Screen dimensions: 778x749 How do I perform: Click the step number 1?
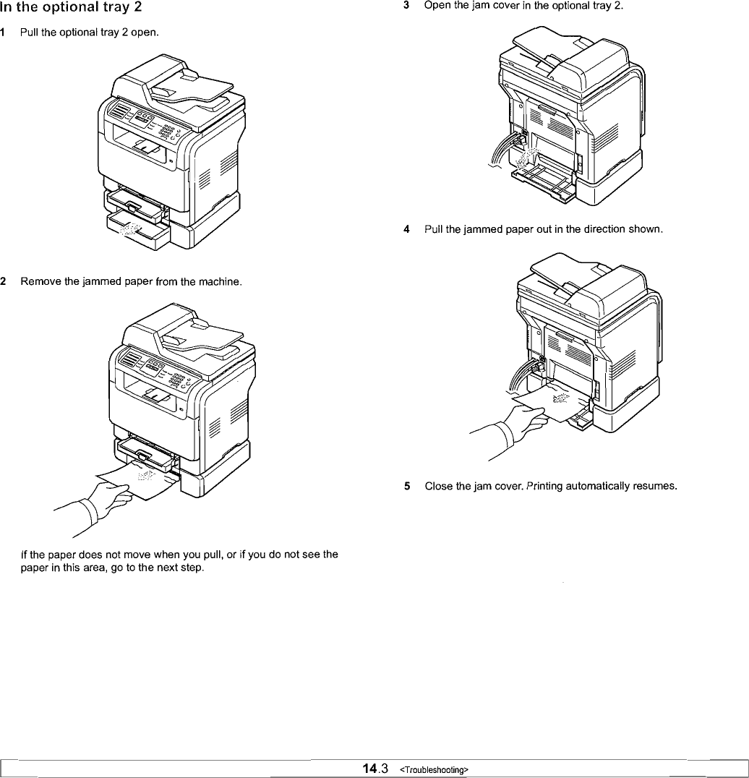(4, 33)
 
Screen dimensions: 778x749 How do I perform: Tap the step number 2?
(4, 281)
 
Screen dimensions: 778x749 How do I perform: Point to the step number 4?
(408, 229)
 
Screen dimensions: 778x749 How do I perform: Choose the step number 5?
(408, 486)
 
